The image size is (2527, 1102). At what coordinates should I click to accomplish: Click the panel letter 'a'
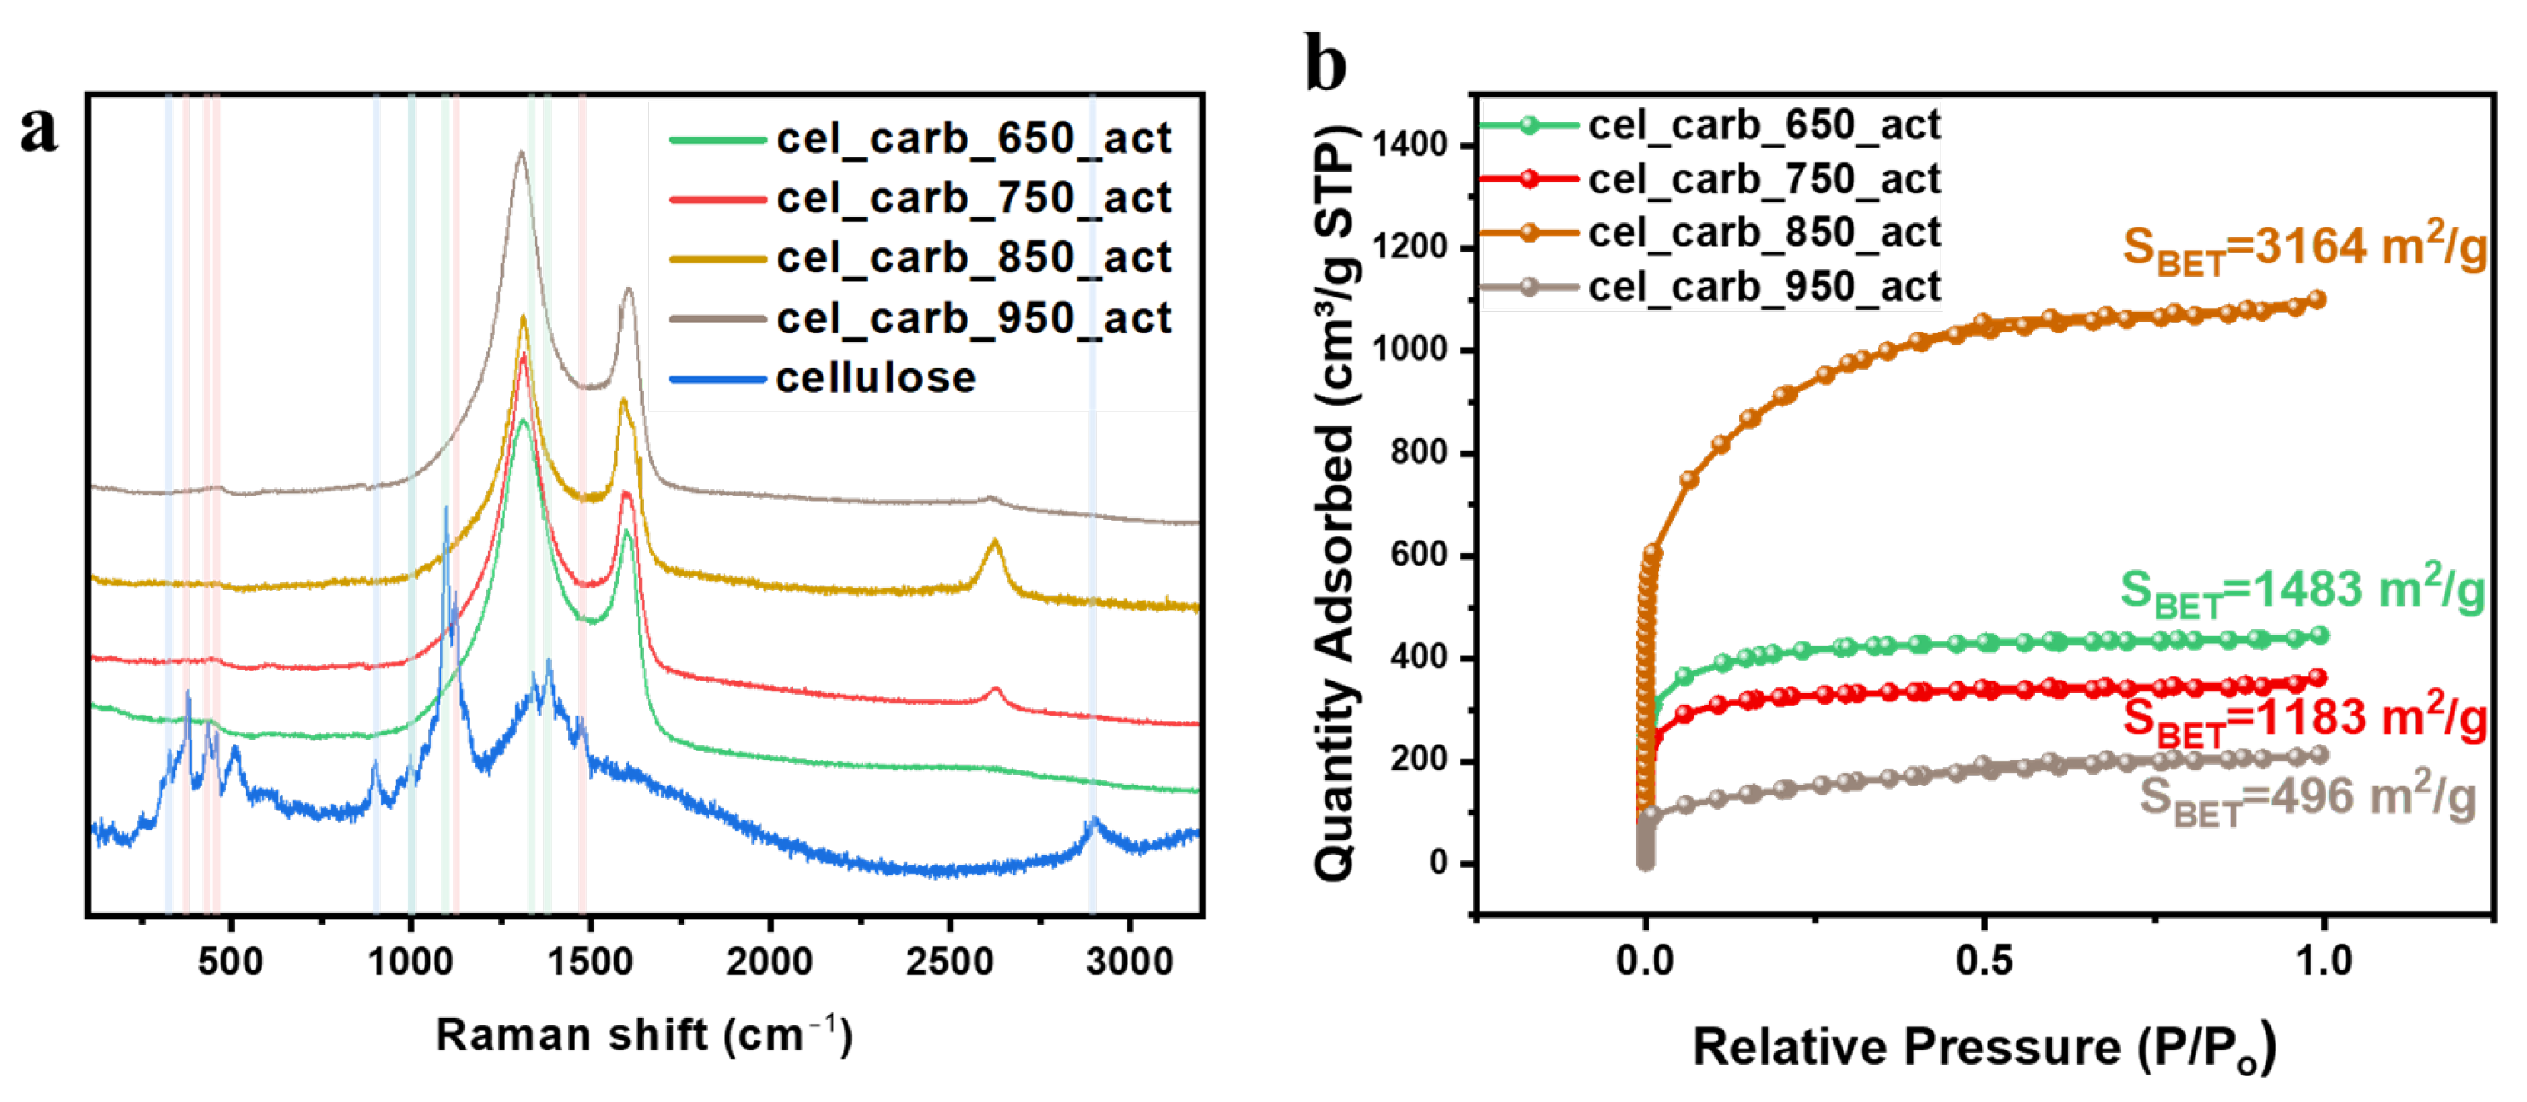tap(39, 131)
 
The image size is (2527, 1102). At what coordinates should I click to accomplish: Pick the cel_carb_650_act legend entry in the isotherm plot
tap(1763, 126)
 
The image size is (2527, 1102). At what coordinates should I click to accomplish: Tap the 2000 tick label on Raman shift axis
tap(769, 962)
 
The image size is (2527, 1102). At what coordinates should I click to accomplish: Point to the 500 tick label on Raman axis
tap(230, 962)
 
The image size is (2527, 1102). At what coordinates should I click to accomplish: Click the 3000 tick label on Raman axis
tap(1129, 962)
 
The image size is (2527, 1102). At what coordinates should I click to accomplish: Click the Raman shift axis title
tap(644, 1036)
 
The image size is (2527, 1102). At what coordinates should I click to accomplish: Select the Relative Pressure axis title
tap(1983, 1048)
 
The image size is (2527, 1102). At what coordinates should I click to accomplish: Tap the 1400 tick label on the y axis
tap(1410, 145)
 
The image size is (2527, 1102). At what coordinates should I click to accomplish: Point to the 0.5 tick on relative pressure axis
tap(1983, 960)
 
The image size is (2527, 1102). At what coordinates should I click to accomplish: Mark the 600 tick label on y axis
tap(1419, 556)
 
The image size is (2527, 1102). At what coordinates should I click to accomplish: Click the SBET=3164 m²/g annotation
tap(2305, 248)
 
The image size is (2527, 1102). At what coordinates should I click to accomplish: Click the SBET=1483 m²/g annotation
tap(2302, 591)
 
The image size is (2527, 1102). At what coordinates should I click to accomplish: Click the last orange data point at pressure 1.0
tap(2316, 299)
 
